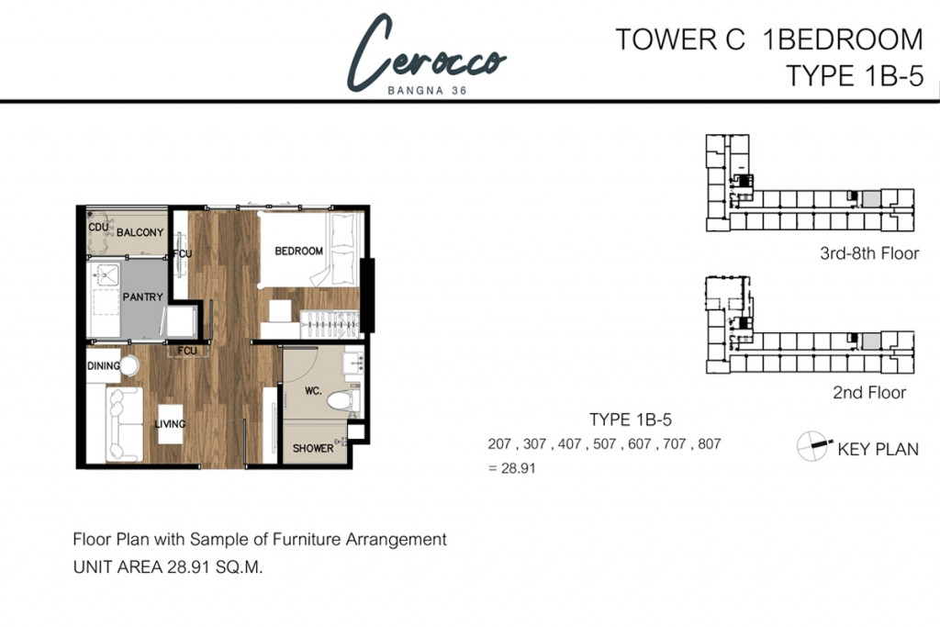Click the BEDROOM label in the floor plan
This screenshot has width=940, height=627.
click(x=298, y=251)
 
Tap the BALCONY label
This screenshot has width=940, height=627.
click(x=140, y=232)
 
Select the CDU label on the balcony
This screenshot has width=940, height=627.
click(x=98, y=227)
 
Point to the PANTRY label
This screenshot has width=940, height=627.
click(x=142, y=297)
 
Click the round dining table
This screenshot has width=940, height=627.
click(x=129, y=366)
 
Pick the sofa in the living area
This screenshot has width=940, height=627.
click(x=123, y=424)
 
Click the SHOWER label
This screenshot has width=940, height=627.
click(x=313, y=448)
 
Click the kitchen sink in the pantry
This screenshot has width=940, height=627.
click(x=106, y=276)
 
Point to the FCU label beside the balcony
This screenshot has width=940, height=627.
click(x=182, y=252)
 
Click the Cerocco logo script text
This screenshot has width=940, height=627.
click(x=426, y=55)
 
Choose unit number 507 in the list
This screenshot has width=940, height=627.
click(x=604, y=444)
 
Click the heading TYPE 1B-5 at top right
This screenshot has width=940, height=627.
click(x=854, y=76)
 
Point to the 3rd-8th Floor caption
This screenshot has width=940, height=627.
click(x=868, y=253)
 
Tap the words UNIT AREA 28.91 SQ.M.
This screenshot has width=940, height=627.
click(x=168, y=567)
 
